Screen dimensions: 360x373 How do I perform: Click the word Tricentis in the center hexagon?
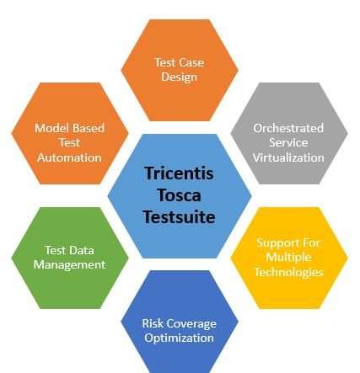(x=179, y=173)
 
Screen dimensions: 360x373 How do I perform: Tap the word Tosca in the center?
(x=179, y=195)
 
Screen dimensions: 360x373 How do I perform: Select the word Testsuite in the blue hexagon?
(x=179, y=217)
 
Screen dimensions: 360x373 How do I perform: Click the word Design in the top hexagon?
(x=180, y=77)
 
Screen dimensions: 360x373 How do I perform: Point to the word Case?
(x=191, y=62)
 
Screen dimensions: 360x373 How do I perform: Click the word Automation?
(x=69, y=157)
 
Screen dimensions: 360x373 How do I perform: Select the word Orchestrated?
(x=288, y=128)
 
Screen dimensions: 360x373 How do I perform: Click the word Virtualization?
(x=288, y=157)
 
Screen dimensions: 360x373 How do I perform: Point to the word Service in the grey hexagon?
(x=288, y=143)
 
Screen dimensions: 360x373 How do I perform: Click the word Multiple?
(x=288, y=258)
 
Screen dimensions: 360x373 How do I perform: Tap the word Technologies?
(x=288, y=272)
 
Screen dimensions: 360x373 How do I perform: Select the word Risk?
(x=153, y=323)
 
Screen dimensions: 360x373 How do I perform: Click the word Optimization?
(x=180, y=338)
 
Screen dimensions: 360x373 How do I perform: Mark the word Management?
(x=69, y=265)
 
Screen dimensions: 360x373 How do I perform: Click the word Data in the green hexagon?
(x=81, y=250)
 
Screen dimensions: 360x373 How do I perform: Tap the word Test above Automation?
(x=69, y=143)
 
